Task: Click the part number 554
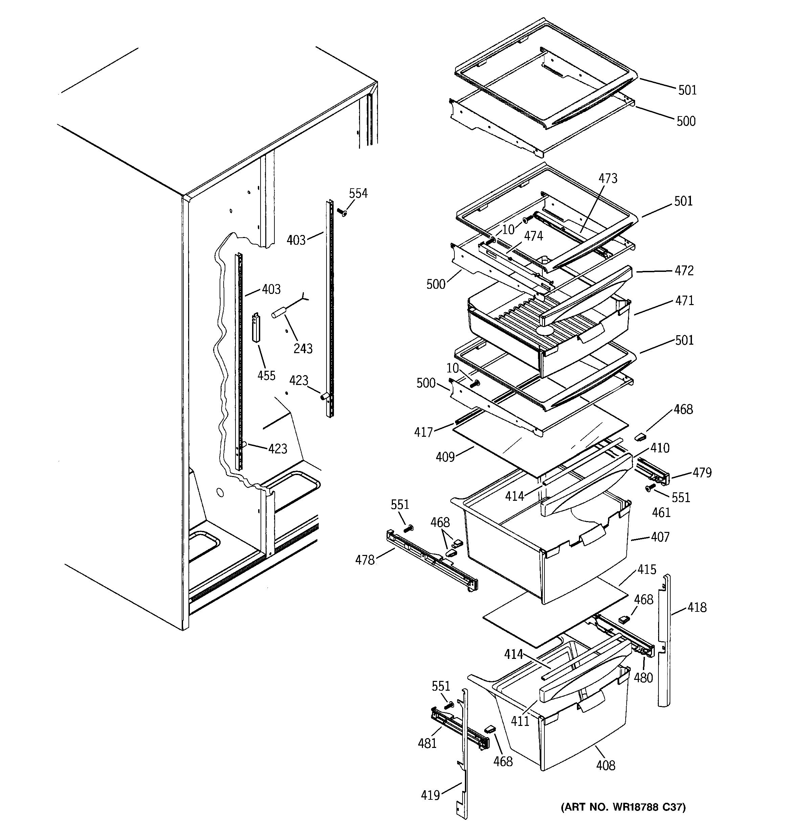(x=358, y=193)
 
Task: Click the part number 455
(x=266, y=375)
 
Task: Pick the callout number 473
(x=608, y=178)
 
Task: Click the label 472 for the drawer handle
(x=684, y=270)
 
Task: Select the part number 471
(x=684, y=301)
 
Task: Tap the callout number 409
(x=445, y=456)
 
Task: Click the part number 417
(x=424, y=432)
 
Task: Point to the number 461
(x=661, y=513)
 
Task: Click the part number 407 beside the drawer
(x=660, y=537)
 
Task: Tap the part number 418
(x=697, y=607)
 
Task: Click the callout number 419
(x=430, y=795)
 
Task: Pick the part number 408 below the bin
(x=606, y=765)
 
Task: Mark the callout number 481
(x=427, y=744)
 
